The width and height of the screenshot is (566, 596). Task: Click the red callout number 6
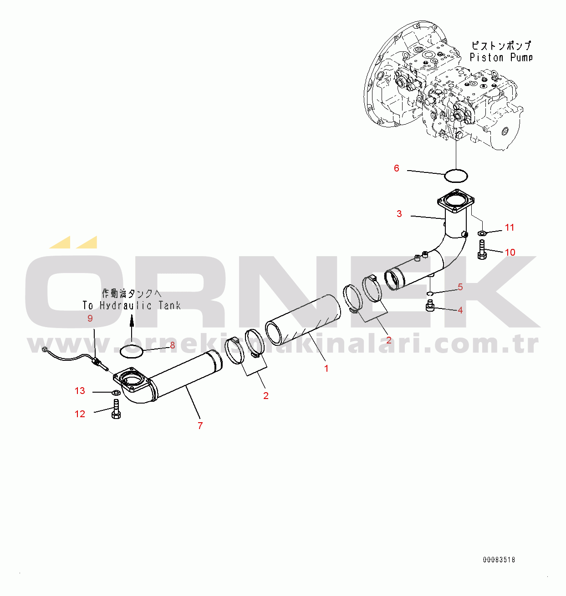(396, 168)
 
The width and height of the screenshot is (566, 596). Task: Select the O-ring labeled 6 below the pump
(456, 174)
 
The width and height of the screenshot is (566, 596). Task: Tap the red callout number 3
(399, 214)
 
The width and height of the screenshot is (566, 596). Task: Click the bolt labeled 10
(482, 250)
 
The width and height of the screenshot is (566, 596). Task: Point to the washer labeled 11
(482, 233)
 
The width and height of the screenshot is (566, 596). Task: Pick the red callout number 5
(460, 287)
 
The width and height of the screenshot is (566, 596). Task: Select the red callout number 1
(326, 369)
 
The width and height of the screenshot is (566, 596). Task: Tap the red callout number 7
(200, 425)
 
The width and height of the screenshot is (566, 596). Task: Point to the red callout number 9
(90, 318)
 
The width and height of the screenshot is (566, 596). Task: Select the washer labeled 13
(116, 392)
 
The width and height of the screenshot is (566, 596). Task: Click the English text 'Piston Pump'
(501, 58)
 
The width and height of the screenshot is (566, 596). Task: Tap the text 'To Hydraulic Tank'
(132, 305)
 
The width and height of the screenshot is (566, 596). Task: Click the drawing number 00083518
(499, 560)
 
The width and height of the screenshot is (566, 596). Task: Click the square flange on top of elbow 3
(455, 202)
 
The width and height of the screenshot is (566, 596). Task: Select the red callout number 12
(80, 414)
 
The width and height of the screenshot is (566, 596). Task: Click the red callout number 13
(80, 391)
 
